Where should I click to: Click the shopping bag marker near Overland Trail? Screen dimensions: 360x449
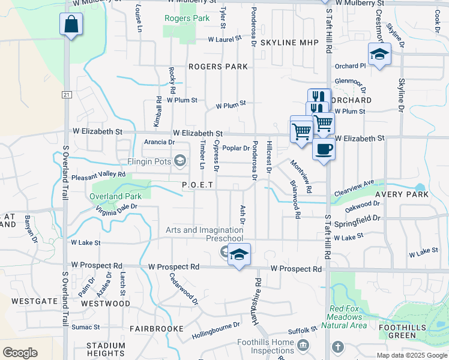click(71, 25)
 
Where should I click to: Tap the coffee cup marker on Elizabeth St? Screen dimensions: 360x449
click(324, 149)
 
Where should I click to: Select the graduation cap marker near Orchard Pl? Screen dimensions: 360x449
click(379, 55)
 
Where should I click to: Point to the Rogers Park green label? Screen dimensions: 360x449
click(187, 18)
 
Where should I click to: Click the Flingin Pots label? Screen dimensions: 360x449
click(149, 161)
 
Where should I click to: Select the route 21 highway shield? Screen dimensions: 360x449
click(67, 94)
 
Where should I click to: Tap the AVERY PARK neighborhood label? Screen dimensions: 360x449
click(402, 194)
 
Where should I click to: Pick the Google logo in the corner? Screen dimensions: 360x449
click(20, 352)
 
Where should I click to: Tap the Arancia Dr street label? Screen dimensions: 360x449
click(159, 142)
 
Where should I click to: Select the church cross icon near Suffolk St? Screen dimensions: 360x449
click(338, 347)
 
